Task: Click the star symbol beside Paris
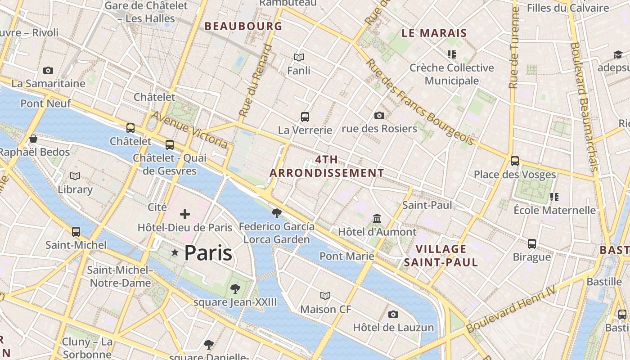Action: tap(175, 253)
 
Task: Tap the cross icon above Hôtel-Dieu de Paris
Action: tap(185, 214)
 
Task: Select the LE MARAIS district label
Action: tap(434, 33)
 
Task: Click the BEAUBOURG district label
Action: tap(243, 26)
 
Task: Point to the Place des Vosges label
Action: tap(515, 175)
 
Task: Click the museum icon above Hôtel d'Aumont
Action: tap(377, 219)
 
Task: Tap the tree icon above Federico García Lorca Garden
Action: tap(277, 213)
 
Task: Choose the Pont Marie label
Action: tap(346, 256)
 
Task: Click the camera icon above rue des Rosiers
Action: tap(379, 116)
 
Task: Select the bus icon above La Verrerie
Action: tap(305, 117)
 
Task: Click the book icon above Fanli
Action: tap(299, 57)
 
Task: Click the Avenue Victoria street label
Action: tap(189, 130)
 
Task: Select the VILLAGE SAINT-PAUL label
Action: tap(441, 256)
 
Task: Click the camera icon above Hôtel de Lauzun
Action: tap(393, 314)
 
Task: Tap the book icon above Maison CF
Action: tap(325, 296)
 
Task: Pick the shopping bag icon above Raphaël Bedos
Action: tap(33, 139)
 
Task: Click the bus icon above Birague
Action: tap(532, 244)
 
